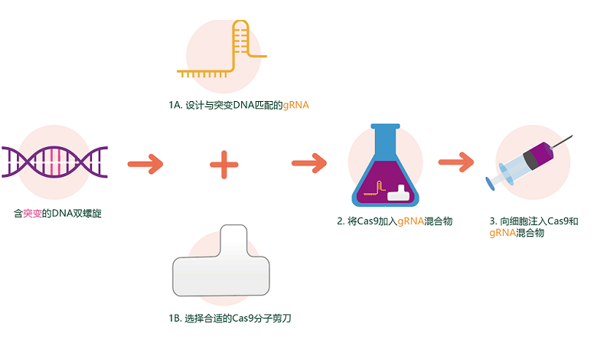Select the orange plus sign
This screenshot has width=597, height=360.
pos(224,164)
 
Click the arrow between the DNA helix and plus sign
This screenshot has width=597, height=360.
pos(145,163)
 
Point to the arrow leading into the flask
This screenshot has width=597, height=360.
pos(309,163)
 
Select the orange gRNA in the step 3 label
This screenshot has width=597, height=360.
pos(502,233)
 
